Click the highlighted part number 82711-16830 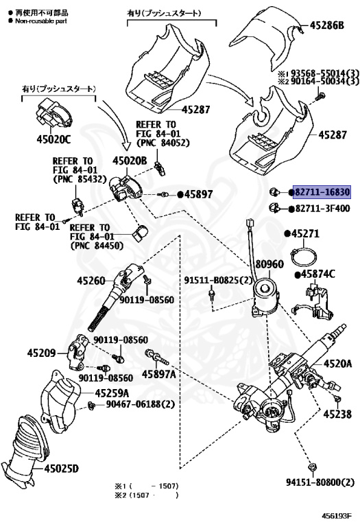click(322, 192)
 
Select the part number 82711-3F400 click(322, 209)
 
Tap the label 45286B click(326, 25)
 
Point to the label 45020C click(53, 139)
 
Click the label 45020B click(130, 161)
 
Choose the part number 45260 click(91, 280)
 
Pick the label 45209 click(41, 353)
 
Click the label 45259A click(112, 393)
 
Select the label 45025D click(62, 468)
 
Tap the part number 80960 click(269, 264)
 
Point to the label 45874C click(317, 274)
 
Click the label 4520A click(337, 363)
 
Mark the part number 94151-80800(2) click(320, 482)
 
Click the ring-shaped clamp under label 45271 click(304, 257)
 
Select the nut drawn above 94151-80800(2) click(312, 467)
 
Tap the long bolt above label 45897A click(157, 358)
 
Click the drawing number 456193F click(337, 516)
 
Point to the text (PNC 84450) click(97, 246)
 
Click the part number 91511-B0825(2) click(218, 280)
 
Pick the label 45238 click(337, 414)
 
